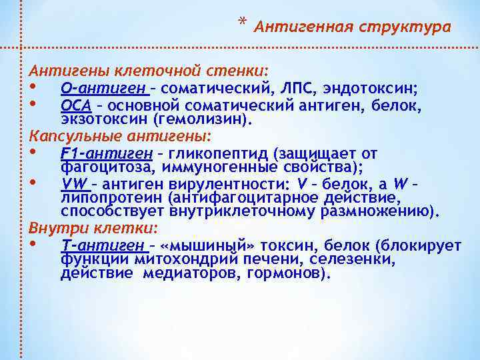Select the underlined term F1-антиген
pyautogui.click(x=103, y=153)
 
